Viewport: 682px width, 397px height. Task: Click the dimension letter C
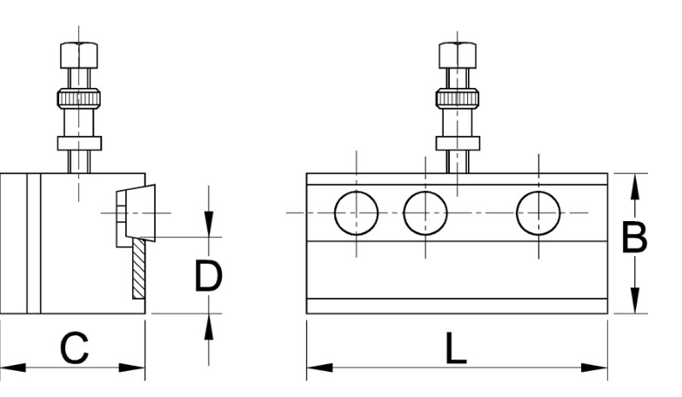[75, 348]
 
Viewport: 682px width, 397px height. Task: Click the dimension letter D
[209, 275]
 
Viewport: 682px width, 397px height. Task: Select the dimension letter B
[634, 237]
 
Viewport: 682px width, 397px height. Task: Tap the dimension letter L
[456, 348]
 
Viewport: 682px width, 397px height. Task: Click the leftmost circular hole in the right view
[357, 212]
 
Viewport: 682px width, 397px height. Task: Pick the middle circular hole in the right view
[425, 212]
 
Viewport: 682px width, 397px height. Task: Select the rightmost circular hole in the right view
[538, 212]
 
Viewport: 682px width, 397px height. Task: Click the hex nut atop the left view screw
[79, 56]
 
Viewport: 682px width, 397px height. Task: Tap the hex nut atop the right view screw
[458, 56]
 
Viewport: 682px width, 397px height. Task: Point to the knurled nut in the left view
[78, 98]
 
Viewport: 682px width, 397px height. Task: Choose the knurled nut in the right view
[458, 98]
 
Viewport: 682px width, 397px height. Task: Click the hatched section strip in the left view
[139, 268]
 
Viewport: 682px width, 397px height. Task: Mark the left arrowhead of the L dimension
[320, 367]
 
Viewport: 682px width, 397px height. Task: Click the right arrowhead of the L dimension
[595, 367]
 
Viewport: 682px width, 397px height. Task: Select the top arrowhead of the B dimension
[635, 186]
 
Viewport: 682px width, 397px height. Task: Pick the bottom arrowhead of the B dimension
[635, 299]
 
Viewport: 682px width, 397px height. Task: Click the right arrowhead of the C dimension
[132, 367]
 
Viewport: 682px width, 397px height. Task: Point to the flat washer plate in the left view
[79, 143]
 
